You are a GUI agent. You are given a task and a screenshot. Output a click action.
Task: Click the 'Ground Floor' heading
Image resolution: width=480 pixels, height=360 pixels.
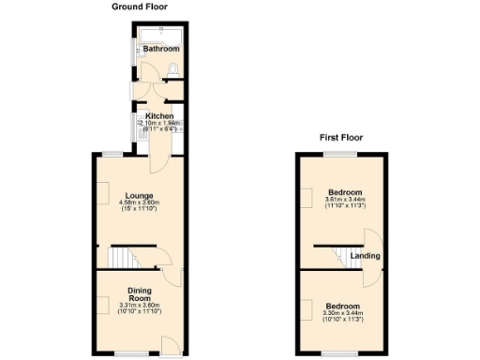140,7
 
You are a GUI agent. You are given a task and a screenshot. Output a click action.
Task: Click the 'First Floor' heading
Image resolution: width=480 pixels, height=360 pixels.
342,138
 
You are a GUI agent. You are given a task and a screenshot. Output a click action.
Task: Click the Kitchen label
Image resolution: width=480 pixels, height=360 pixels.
159,116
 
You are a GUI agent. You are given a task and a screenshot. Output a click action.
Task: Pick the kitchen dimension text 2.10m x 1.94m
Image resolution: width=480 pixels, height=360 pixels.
159,124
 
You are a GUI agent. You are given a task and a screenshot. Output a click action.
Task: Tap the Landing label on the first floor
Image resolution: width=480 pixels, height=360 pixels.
365,256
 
